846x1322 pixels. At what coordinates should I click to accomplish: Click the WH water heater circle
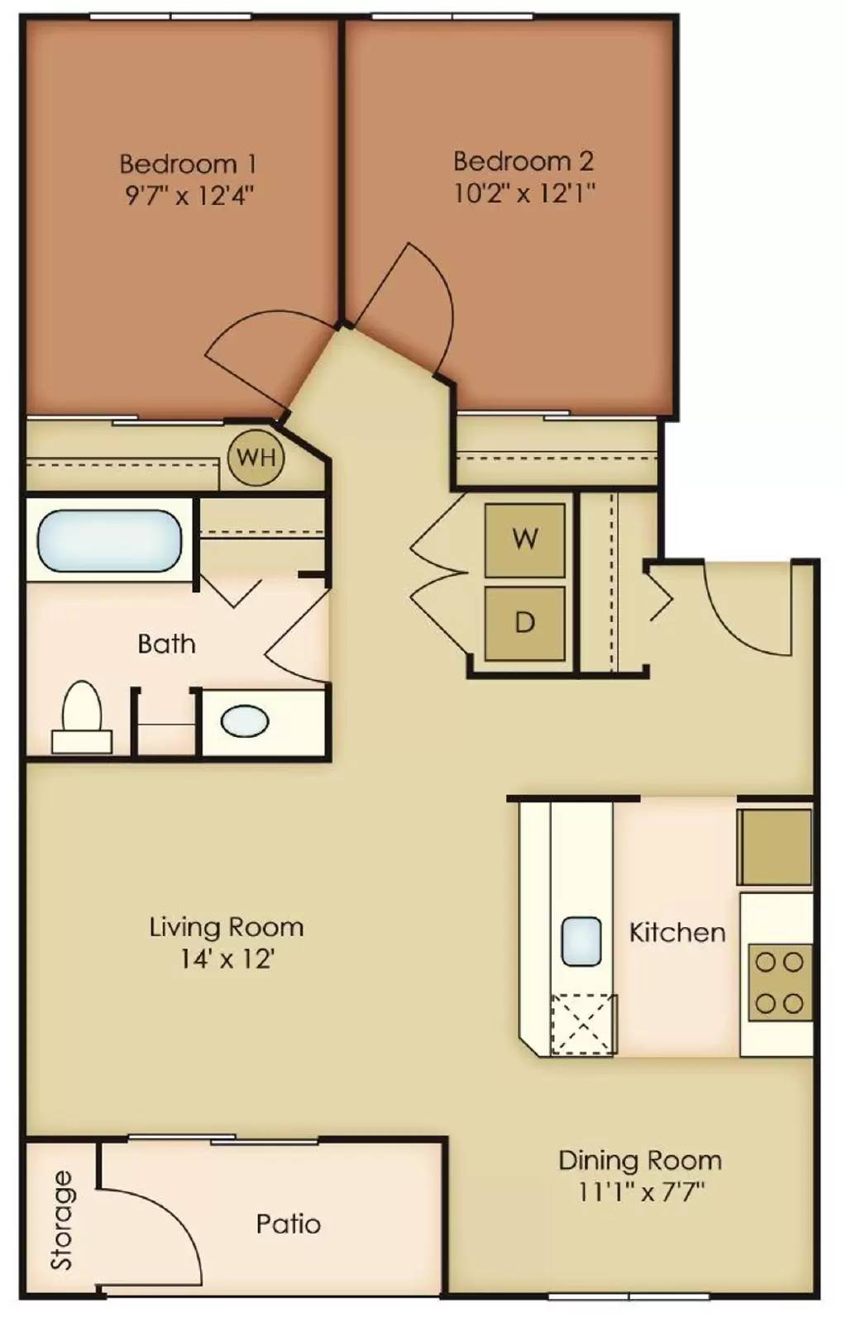point(256,458)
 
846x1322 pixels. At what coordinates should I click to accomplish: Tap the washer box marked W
point(524,540)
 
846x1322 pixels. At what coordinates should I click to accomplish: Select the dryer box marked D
point(524,624)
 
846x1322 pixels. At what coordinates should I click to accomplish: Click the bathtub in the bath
point(109,540)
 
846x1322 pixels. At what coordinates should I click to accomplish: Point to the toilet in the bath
point(82,717)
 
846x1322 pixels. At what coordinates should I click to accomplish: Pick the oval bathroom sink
point(245,721)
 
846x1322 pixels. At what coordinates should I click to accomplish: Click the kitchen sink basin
point(581,941)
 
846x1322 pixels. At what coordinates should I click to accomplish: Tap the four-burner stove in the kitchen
point(780,982)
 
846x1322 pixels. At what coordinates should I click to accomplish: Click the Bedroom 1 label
point(189,164)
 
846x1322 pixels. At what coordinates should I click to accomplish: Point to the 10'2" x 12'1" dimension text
point(523,193)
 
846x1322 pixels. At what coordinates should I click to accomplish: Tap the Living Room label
point(227,927)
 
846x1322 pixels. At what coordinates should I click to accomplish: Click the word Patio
point(289,1224)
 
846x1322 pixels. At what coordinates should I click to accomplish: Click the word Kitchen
point(677,933)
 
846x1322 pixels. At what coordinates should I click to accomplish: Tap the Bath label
point(166,644)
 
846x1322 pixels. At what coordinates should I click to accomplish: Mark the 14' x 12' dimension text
point(227,959)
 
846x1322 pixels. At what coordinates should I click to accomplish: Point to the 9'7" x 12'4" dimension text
point(189,195)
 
